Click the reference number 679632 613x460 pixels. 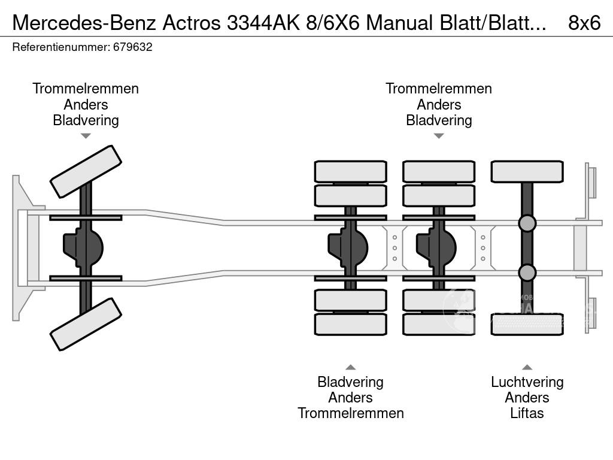coord(132,47)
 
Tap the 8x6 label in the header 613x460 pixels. coord(584,23)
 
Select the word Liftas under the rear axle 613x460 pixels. coord(527,413)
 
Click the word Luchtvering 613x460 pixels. coord(527,382)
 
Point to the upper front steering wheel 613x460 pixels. coord(86,171)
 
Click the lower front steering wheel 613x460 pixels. coord(86,324)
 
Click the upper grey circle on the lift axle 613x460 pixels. coord(527,223)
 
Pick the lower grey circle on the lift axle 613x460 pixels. coord(527,273)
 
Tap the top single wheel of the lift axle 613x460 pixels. coord(527,171)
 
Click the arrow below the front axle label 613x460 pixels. coord(86,136)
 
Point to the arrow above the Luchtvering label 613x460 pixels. coord(527,367)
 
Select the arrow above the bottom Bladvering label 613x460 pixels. coord(350,367)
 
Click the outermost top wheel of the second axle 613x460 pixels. coord(350,171)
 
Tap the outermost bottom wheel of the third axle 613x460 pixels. coord(439,324)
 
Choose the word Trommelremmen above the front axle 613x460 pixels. coord(86,89)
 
